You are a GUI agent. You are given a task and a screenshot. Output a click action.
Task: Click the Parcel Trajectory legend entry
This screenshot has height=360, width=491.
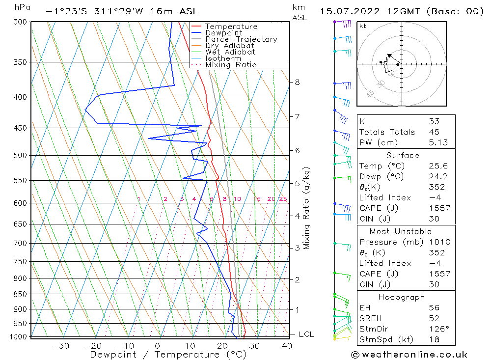[241, 39]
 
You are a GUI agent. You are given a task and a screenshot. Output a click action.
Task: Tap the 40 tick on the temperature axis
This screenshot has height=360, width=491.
[287, 346]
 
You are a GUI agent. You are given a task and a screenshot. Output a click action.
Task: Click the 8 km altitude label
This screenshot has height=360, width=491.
[298, 82]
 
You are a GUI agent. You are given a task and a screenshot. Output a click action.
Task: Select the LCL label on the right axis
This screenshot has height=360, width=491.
[306, 334]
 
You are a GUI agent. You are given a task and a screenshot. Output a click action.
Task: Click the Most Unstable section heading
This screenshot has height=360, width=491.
[401, 231]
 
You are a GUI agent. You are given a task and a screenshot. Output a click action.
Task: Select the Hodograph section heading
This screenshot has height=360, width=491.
[401, 297]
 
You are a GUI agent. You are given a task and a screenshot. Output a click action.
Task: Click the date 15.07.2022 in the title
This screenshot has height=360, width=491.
[345, 11]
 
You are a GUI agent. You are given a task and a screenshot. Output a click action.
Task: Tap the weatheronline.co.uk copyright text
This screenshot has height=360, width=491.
[409, 355]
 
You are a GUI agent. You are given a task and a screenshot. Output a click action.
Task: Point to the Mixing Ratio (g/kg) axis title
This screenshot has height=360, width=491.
[307, 208]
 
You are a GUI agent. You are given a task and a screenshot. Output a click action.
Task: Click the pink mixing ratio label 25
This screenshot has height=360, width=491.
[283, 199]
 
